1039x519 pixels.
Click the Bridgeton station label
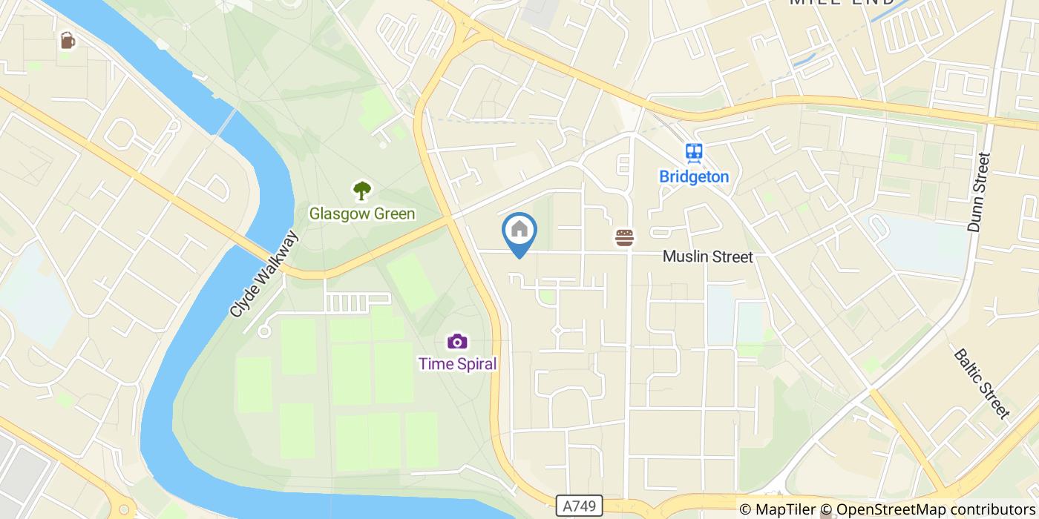pyautogui.click(x=694, y=177)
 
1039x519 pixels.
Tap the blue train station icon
pyautogui.click(x=695, y=153)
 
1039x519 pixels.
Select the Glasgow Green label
pyautogui.click(x=362, y=214)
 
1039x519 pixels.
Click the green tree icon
pyautogui.click(x=362, y=191)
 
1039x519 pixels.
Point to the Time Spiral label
pyautogui.click(x=457, y=364)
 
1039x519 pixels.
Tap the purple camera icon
pyautogui.click(x=457, y=341)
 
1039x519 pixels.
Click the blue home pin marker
pyautogui.click(x=519, y=231)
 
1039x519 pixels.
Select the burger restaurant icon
pyautogui.click(x=625, y=237)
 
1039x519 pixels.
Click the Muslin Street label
pyautogui.click(x=707, y=257)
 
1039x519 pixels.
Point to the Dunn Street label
pyautogui.click(x=980, y=192)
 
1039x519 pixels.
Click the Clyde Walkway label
pyautogui.click(x=264, y=274)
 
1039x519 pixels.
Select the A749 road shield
pyautogui.click(x=579, y=506)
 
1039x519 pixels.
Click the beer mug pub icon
pyautogui.click(x=68, y=40)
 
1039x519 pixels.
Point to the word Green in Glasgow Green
pyautogui.click(x=390, y=214)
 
